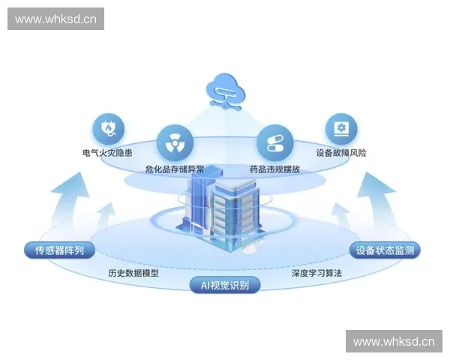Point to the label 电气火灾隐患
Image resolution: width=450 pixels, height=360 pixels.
coord(109,153)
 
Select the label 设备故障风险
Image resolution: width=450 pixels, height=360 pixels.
coord(341,153)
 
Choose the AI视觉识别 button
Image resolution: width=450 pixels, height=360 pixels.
coord(225,284)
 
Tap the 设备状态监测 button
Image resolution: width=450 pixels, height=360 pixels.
coord(385,250)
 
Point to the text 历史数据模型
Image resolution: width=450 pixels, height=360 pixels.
coord(133,273)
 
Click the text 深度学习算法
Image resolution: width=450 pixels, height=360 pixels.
coord(316,273)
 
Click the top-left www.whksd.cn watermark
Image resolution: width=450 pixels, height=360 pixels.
coord(56,19)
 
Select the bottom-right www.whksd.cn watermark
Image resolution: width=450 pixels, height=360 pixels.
coord(393,342)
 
